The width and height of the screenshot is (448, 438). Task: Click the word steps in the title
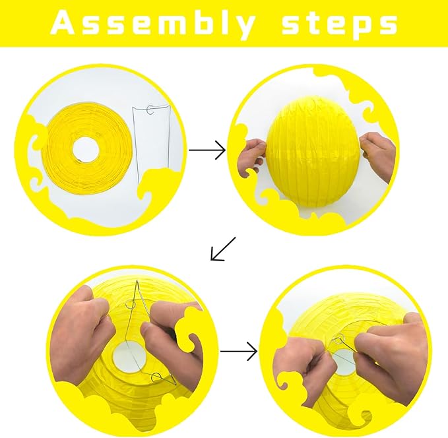(339, 24)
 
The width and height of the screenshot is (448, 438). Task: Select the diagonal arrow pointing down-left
(222, 249)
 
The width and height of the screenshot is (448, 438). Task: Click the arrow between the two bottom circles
(238, 352)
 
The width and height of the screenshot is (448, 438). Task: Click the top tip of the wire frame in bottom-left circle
(137, 282)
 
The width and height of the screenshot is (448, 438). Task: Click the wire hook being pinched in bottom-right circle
(339, 341)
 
